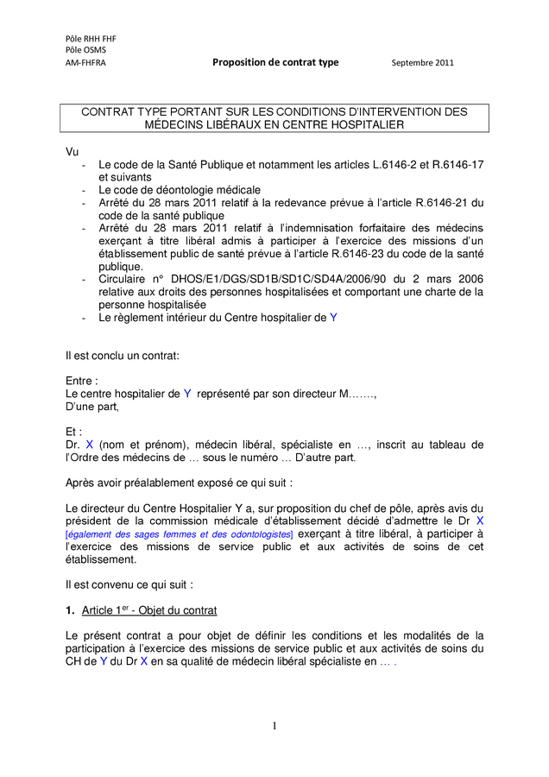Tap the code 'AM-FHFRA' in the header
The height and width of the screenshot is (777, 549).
coord(85,63)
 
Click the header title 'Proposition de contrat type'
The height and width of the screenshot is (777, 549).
coord(275,62)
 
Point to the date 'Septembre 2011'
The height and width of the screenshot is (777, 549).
coord(422,63)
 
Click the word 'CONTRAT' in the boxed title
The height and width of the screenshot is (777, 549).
coord(110,112)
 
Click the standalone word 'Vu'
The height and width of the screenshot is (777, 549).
coord(73,151)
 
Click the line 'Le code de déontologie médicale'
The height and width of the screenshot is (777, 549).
coord(180,189)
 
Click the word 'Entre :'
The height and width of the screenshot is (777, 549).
coord(82,381)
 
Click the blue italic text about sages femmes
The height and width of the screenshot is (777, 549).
coord(180,534)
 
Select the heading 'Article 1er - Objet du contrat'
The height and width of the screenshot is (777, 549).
coord(149,610)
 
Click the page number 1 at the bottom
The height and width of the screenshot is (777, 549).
coord(274,725)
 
